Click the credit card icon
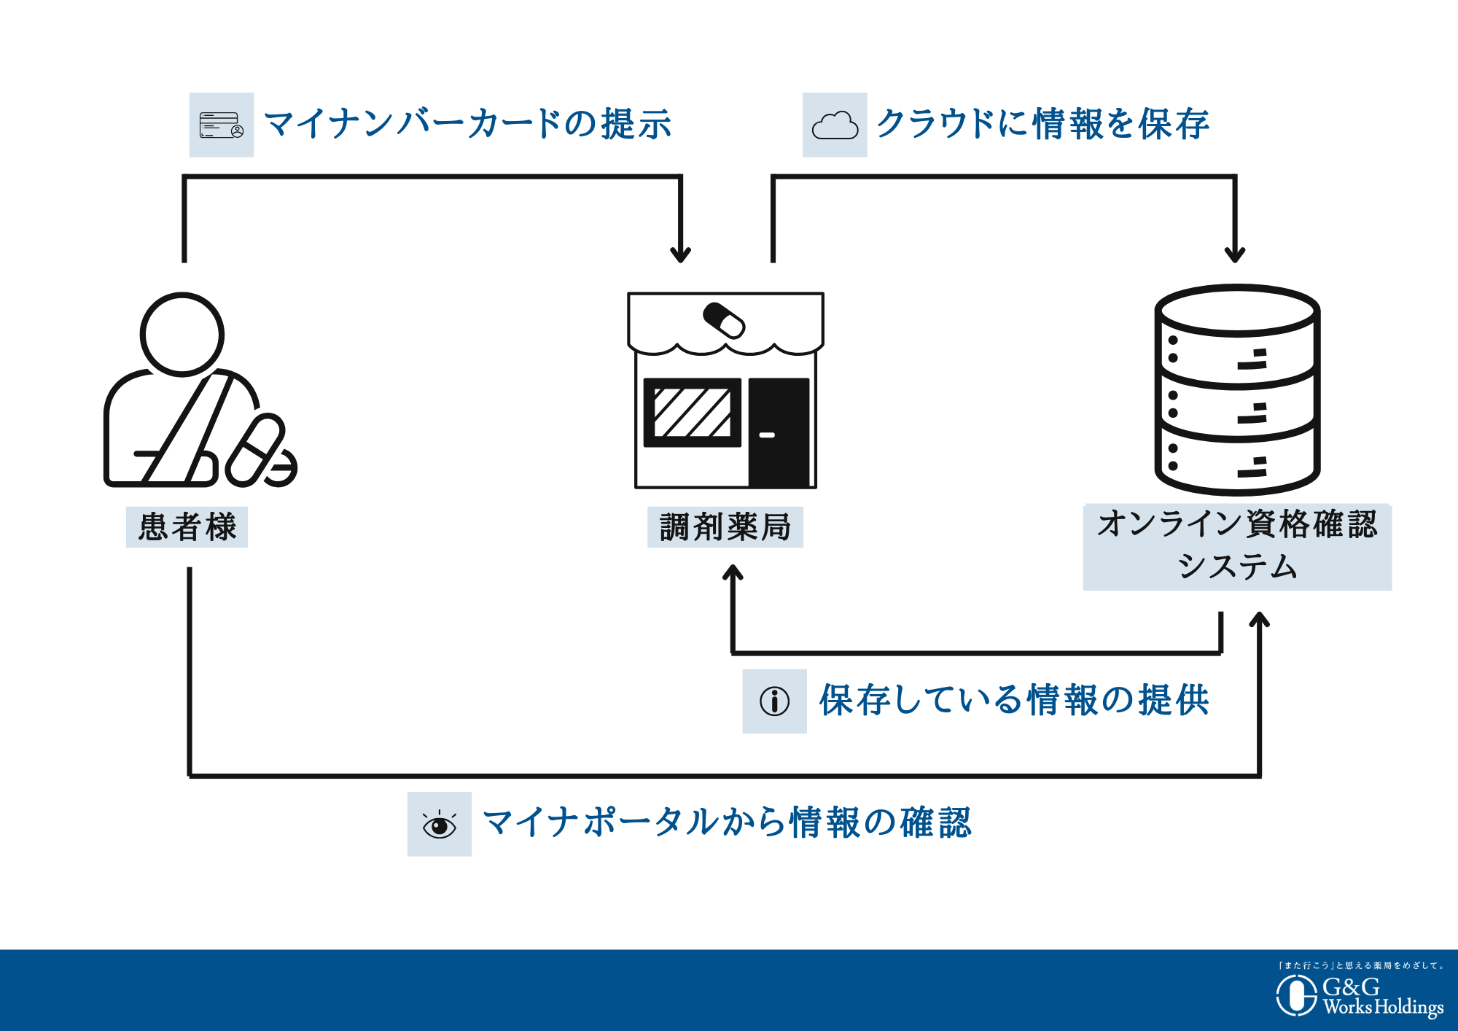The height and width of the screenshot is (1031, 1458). click(222, 125)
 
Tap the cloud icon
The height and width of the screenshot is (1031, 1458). click(835, 125)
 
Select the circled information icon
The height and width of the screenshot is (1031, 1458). click(774, 701)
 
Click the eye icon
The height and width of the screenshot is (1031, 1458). click(440, 825)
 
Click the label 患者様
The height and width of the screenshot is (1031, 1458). click(187, 526)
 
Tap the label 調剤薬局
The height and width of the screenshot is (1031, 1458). click(725, 526)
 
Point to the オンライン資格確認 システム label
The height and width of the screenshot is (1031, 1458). click(1237, 545)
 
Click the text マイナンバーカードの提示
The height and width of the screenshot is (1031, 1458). click(467, 124)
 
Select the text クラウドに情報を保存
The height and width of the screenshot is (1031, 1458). click(1042, 124)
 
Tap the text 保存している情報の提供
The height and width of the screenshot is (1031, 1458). click(1014, 701)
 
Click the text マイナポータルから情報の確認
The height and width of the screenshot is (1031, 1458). click(727, 823)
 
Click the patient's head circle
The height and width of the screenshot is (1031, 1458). click(182, 335)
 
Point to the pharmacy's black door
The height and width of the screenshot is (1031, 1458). click(779, 432)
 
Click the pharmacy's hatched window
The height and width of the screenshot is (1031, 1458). click(693, 413)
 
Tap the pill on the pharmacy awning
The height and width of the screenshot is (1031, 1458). click(724, 320)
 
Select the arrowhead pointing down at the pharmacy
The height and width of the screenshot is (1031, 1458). click(680, 253)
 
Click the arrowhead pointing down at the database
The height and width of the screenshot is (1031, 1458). click(1235, 253)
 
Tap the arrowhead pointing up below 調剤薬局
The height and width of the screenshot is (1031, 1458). click(733, 573)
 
